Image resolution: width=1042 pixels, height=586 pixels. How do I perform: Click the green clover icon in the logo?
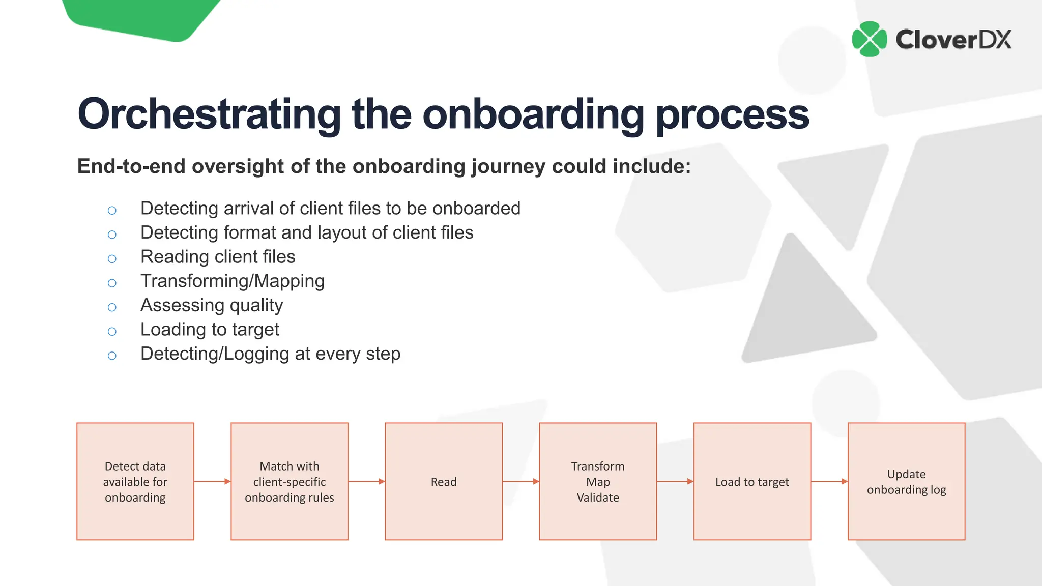pyautogui.click(x=869, y=39)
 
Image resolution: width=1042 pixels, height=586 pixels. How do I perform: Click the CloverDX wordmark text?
pyautogui.click(x=953, y=40)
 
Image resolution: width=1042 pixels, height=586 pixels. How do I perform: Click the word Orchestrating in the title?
pyautogui.click(x=209, y=114)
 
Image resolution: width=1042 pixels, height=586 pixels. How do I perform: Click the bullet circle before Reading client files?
pyautogui.click(x=112, y=259)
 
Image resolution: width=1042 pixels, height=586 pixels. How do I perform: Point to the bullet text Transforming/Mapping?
pyautogui.click(x=232, y=281)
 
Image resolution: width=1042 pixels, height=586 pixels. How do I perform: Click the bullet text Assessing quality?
pyautogui.click(x=211, y=305)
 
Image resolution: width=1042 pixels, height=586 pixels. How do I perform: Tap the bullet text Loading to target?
pyautogui.click(x=210, y=330)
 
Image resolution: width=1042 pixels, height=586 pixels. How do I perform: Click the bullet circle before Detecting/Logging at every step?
pyautogui.click(x=112, y=356)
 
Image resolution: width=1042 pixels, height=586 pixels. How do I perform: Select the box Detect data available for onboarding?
pyautogui.click(x=135, y=481)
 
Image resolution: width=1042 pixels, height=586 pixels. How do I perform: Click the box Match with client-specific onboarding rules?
pyautogui.click(x=290, y=481)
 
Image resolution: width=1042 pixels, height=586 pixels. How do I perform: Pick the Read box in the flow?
pyautogui.click(x=444, y=481)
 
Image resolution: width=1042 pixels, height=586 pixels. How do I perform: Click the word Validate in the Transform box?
pyautogui.click(x=598, y=497)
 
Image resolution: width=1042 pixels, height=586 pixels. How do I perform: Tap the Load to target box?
pyautogui.click(x=752, y=481)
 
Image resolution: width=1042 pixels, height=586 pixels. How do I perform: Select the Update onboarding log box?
pyautogui.click(x=906, y=481)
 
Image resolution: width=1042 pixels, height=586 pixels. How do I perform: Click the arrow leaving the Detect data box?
pyautogui.click(x=212, y=481)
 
